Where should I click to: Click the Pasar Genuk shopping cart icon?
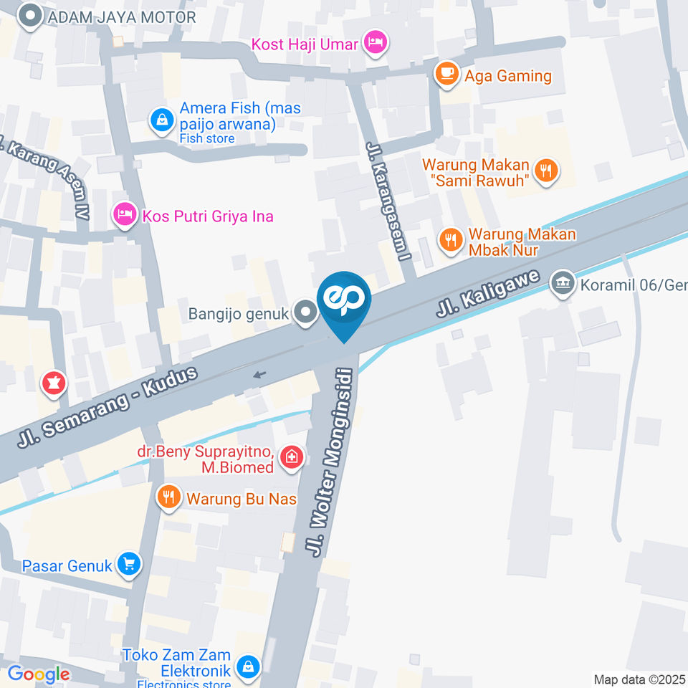click(x=130, y=565)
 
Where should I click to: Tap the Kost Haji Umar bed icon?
click(x=375, y=43)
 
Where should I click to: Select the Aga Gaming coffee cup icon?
click(x=447, y=75)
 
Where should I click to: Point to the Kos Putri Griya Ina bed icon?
click(x=125, y=214)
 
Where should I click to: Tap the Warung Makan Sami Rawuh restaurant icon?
click(x=547, y=171)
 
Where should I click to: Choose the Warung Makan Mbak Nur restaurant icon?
click(x=451, y=241)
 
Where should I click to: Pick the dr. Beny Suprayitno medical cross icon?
click(x=292, y=457)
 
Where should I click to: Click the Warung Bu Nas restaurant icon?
click(x=169, y=497)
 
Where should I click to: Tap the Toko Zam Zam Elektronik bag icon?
click(x=248, y=666)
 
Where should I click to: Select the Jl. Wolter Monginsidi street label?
click(x=330, y=462)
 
